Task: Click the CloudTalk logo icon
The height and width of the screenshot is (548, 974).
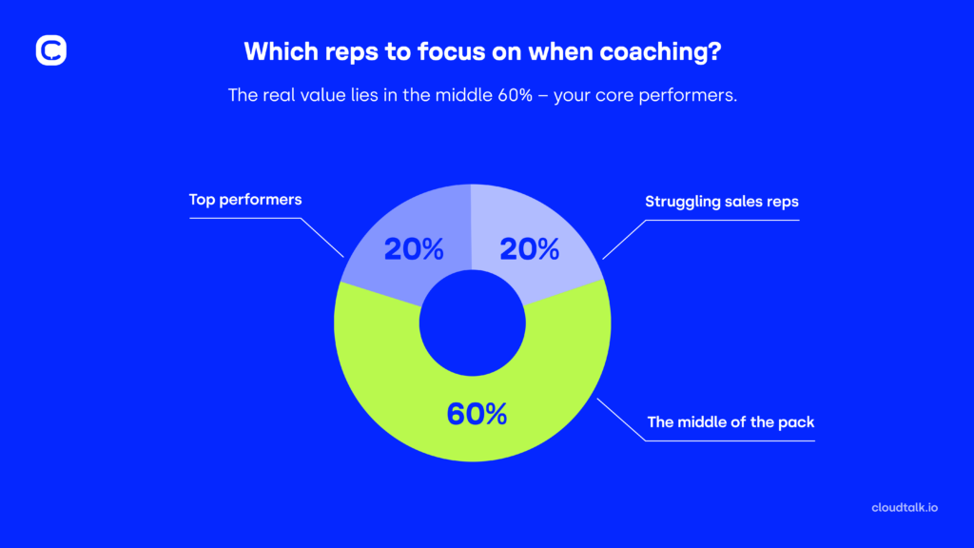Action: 50,50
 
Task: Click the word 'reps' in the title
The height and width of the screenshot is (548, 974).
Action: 334,51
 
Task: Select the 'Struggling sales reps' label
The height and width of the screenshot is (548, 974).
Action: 721,201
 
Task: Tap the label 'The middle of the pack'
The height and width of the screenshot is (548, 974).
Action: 730,421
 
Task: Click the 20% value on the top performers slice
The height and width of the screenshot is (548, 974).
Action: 414,249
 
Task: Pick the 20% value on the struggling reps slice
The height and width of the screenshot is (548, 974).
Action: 529,249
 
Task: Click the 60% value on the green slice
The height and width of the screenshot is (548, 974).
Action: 477,415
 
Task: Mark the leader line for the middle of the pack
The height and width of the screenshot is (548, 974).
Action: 623,420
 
